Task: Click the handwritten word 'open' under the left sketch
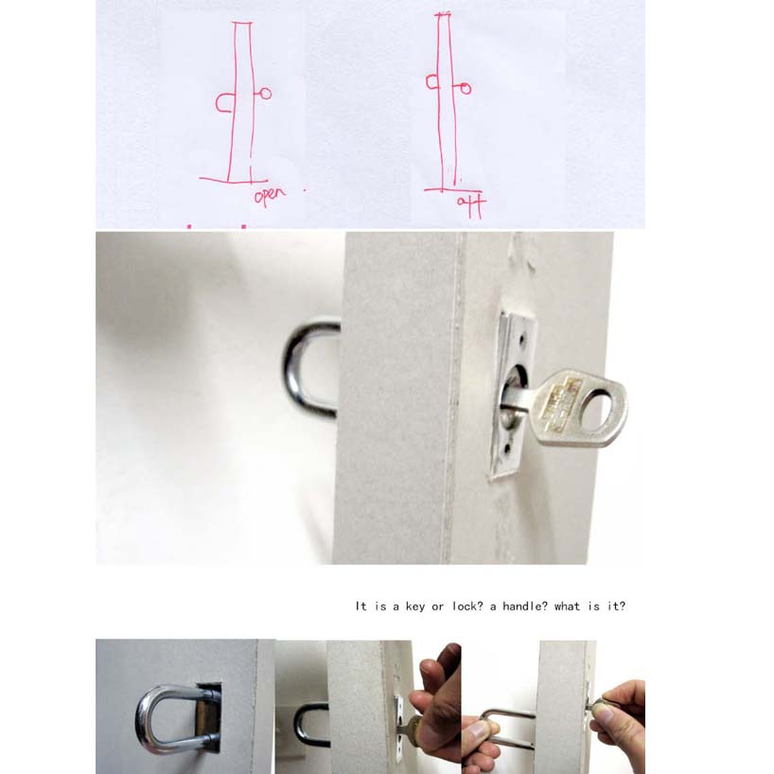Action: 270,197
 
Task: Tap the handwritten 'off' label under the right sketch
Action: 469,203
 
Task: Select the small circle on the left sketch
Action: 266,94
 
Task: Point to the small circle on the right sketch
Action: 466,89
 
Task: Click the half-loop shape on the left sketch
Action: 223,102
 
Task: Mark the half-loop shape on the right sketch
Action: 431,83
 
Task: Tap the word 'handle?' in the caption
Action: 519,607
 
